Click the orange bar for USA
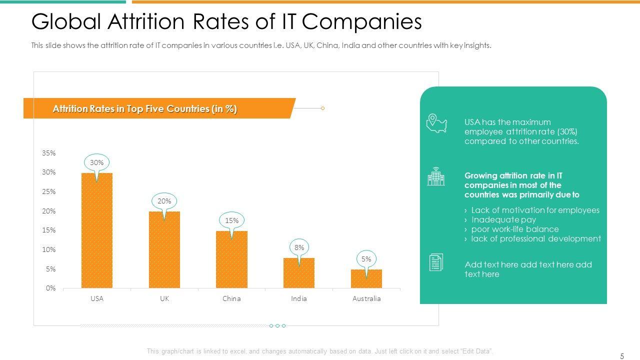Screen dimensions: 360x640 pos(96,230)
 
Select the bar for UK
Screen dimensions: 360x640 pos(164,249)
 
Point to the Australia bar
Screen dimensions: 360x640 pos(366,278)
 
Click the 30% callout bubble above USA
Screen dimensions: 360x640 pos(96,162)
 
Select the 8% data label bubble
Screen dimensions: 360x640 pos(299,247)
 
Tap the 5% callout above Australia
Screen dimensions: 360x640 pos(366,259)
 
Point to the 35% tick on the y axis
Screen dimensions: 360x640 pos(48,153)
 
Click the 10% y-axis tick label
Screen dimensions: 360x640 pos(48,249)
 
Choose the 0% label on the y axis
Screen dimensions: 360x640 pos(50,288)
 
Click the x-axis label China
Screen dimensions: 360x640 pos(231,298)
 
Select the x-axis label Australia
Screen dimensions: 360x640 pos(366,298)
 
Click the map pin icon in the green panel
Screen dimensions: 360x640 pos(436,123)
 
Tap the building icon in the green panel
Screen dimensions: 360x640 pos(435,176)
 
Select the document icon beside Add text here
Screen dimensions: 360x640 pos(435,262)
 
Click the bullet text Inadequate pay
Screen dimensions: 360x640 pos(503,219)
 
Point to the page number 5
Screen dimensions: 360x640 pos(622,356)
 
